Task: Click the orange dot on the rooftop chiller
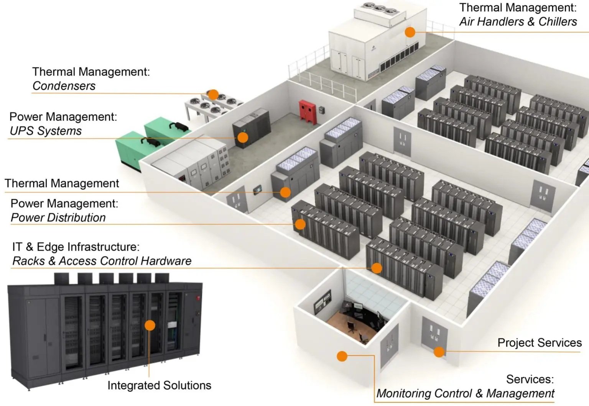pos(410,32)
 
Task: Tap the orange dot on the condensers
pos(213,94)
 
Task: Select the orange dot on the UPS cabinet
pos(243,137)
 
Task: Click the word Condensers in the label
pos(64,86)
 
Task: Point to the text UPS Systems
pos(46,131)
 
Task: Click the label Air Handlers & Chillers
pos(518,22)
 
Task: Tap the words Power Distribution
pos(58,218)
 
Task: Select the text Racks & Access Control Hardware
pos(102,261)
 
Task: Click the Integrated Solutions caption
pos(159,385)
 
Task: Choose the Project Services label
pos(539,343)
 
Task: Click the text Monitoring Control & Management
pos(465,393)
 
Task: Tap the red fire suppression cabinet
pos(308,112)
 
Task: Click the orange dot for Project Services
pos(439,351)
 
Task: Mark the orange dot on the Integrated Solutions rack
pos(150,325)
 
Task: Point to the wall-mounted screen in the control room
pos(322,301)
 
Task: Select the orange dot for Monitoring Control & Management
pos(342,356)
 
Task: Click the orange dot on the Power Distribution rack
pos(300,224)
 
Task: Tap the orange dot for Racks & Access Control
pos(377,268)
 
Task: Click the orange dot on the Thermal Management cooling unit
pos(285,192)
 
